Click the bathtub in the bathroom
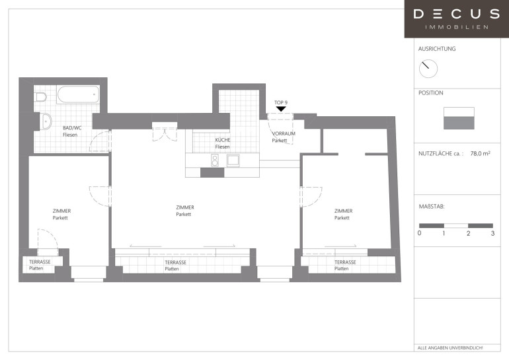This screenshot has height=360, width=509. tap(78, 94)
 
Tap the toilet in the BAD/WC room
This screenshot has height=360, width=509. tap(40, 96)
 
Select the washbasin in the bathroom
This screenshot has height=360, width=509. tap(46, 122)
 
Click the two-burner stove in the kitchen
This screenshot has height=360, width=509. tap(215, 161)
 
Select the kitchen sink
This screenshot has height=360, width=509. tap(233, 161)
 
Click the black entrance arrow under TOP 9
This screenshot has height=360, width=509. tap(281, 109)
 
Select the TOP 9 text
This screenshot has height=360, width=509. tap(281, 102)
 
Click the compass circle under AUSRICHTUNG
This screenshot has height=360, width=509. tap(428, 69)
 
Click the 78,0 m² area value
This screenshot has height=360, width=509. tap(480, 153)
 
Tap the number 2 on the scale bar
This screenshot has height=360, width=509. tap(469, 233)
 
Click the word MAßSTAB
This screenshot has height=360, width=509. tap(432, 206)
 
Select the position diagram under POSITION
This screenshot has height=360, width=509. tap(459, 118)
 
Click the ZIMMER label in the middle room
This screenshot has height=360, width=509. tap(185, 207)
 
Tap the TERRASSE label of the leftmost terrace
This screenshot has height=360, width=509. tap(40, 262)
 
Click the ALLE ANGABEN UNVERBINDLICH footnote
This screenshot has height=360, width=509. tap(450, 348)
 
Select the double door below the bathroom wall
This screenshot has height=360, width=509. tap(165, 132)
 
